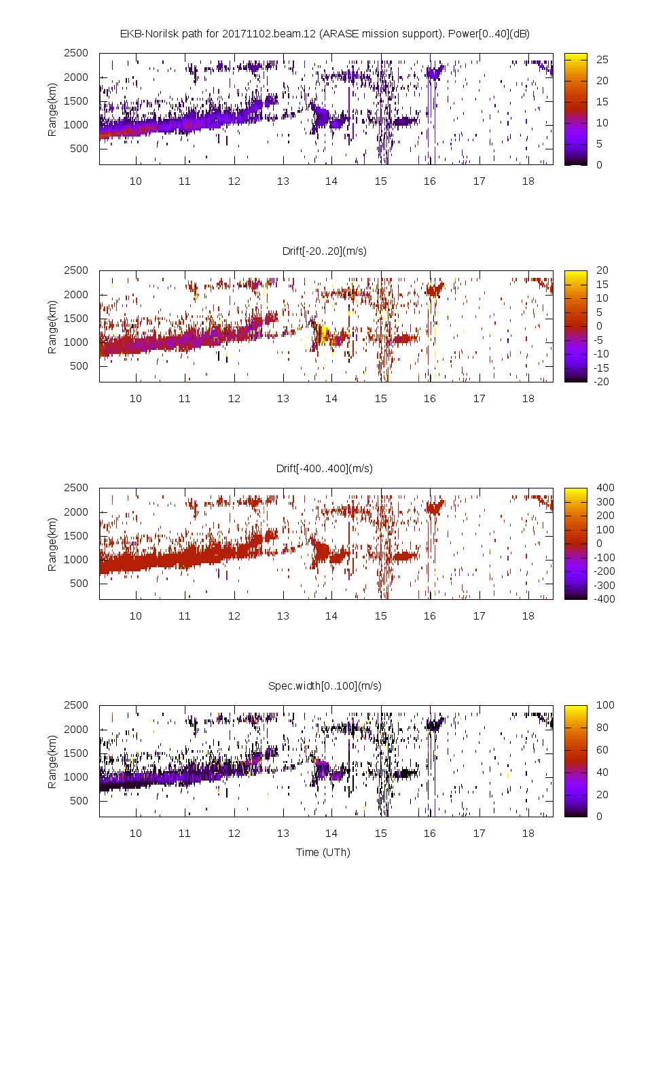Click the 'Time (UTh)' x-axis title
click(x=323, y=852)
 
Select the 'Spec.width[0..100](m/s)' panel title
click(x=325, y=685)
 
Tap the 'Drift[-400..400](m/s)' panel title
click(x=324, y=468)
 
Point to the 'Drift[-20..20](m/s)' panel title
click(x=324, y=251)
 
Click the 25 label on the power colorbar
click(x=602, y=60)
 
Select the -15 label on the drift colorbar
click(x=602, y=368)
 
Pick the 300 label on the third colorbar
click(x=604, y=501)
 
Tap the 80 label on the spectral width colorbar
click(x=602, y=727)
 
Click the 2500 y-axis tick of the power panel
click(x=76, y=53)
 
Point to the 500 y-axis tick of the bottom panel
click(x=79, y=800)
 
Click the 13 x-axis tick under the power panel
click(x=283, y=181)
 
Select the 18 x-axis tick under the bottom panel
click(x=528, y=833)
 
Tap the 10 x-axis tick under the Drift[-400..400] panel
click(x=136, y=616)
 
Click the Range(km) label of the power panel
click(x=52, y=109)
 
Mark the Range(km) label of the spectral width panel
click(x=52, y=761)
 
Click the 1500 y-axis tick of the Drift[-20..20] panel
click(x=76, y=318)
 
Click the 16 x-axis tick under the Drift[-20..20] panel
click(x=429, y=398)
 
